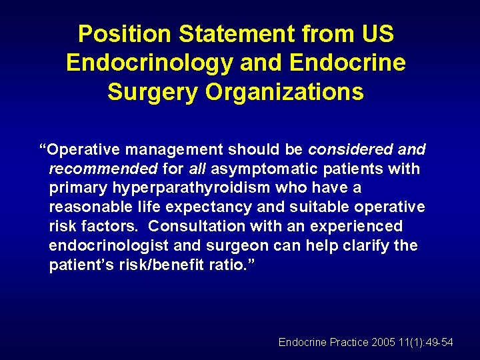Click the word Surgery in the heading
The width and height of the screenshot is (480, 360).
152,92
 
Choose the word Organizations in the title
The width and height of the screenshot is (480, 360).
285,92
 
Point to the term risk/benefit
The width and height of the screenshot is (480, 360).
161,265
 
